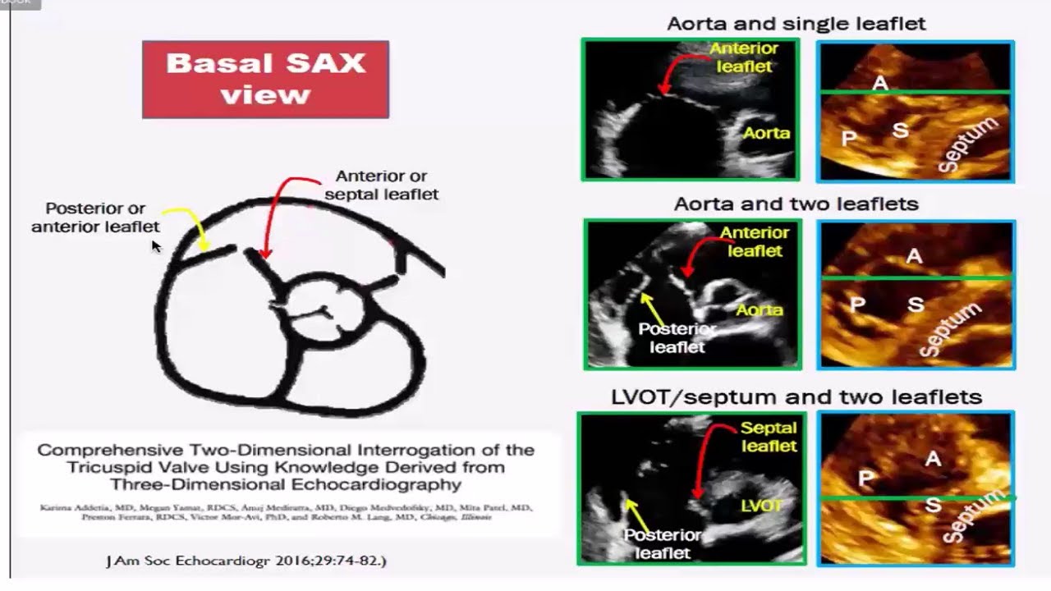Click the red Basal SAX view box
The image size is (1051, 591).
click(265, 80)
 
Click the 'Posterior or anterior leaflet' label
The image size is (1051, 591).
click(95, 218)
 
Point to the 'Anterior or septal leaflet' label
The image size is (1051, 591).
click(381, 186)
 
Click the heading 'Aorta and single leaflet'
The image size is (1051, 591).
click(796, 23)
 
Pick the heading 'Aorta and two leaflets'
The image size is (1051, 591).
click(796, 204)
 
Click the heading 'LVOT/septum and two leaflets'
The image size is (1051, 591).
click(796, 397)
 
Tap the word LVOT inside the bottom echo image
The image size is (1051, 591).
click(760, 506)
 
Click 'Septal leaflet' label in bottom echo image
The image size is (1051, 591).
click(768, 437)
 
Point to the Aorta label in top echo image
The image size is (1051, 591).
click(767, 133)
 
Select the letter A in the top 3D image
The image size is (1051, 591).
click(880, 83)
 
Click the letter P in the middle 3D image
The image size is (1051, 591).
click(857, 305)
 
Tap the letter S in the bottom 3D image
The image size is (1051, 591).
click(933, 506)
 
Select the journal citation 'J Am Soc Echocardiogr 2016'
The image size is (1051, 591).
click(246, 561)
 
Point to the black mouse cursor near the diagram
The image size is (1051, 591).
click(156, 245)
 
